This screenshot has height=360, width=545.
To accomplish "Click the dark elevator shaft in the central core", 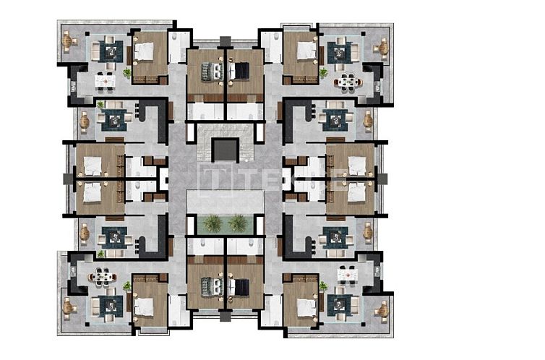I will coord(224,150).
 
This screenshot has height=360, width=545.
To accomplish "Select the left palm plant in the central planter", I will coord(212,223).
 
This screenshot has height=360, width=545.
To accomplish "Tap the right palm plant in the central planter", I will coord(237,223).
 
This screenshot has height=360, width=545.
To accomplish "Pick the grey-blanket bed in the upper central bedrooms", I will coord(209,71).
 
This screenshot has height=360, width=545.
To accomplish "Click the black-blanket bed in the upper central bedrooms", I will coord(240,71).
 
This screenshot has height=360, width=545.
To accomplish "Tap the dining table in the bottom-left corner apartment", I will coord(106,275).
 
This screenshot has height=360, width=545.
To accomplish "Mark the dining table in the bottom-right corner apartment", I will coord(346,275).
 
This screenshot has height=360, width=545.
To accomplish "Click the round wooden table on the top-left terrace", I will coord(69,42).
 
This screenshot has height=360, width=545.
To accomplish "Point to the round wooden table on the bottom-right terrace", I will coord(381,308).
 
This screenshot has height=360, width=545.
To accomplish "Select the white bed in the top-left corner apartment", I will coord(143,51).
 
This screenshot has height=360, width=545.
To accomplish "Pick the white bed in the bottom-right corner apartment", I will coord(306,307).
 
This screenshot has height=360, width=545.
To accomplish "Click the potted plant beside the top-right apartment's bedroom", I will coord(323,72).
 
